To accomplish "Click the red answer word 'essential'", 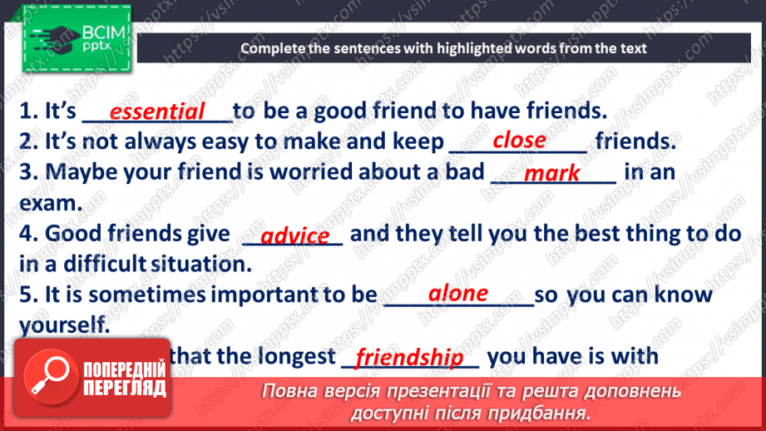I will (x=157, y=112).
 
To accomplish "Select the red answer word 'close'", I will (x=519, y=141).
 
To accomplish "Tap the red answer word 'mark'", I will (x=552, y=173).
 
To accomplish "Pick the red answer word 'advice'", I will (x=294, y=236).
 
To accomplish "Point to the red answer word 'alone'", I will (x=457, y=294).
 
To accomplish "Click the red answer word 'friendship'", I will (x=408, y=359).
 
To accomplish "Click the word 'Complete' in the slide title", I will (x=274, y=48).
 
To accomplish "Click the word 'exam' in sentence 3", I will (x=49, y=203).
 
